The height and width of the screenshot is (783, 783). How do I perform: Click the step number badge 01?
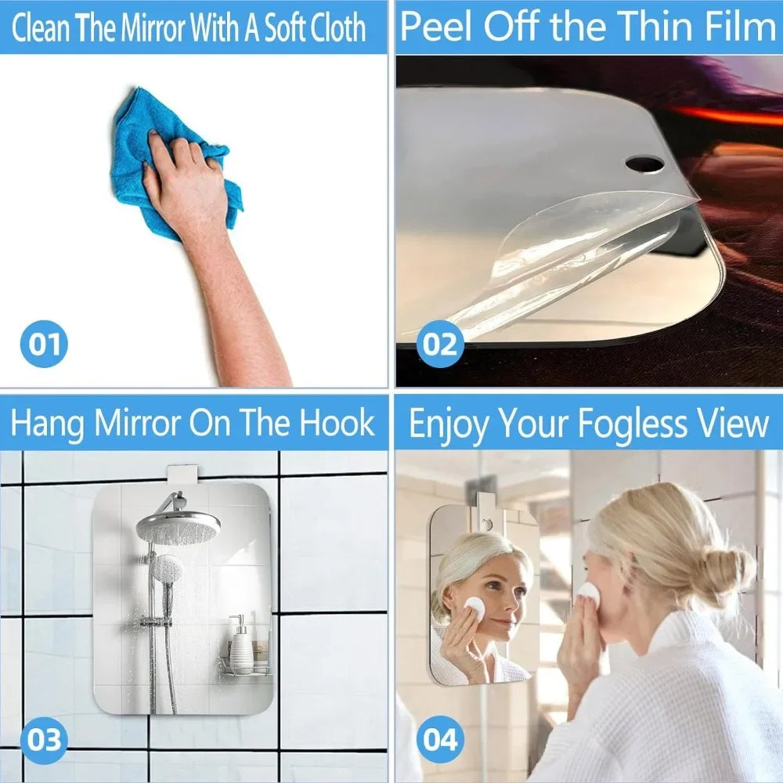[44, 344]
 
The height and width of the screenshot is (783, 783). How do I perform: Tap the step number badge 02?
[440, 344]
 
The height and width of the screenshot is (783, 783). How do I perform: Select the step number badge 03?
[44, 739]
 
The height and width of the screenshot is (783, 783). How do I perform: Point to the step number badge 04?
[440, 739]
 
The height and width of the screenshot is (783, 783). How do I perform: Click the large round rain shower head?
[178, 526]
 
